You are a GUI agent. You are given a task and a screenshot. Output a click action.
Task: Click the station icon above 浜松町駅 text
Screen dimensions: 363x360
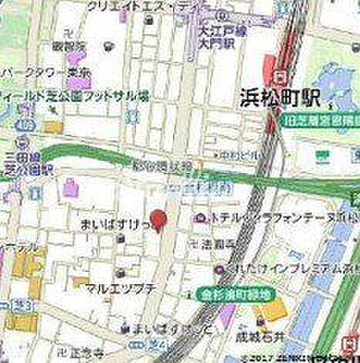(x=280, y=75)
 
